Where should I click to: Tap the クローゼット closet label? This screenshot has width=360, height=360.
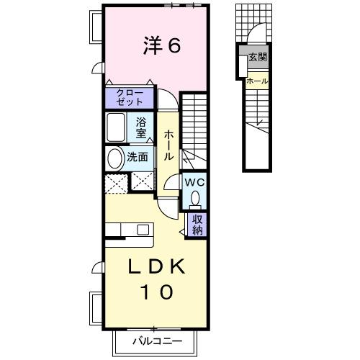[129, 96]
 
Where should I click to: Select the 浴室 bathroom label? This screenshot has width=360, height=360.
[142, 127]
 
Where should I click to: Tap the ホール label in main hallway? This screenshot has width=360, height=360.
[168, 145]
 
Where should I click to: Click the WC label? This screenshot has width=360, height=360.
[195, 181]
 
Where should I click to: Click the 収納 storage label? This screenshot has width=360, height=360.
[197, 224]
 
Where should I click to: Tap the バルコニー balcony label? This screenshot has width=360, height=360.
[157, 341]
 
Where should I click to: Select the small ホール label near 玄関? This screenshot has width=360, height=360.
[257, 81]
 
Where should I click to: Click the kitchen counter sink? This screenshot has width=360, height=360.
[143, 230]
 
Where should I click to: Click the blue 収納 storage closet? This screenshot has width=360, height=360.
[197, 224]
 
